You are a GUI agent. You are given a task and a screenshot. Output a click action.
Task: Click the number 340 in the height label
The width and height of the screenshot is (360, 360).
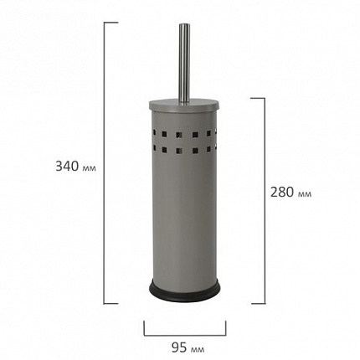click(x=67, y=167)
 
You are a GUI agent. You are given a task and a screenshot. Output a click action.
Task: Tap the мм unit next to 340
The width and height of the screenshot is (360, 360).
click(x=90, y=168)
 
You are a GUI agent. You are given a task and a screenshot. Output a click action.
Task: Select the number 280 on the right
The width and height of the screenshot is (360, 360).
click(x=282, y=192)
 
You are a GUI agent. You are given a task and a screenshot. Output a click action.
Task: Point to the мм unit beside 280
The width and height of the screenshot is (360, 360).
click(x=305, y=194)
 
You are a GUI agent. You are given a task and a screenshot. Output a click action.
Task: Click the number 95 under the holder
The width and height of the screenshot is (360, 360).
click(x=179, y=347)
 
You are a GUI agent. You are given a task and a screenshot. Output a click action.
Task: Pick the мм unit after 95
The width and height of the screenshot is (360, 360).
click(x=198, y=349)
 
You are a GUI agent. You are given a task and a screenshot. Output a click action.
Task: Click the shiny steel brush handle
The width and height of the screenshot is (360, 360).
click(x=184, y=64)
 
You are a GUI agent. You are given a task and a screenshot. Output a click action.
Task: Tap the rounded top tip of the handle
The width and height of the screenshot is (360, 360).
click(x=184, y=24)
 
